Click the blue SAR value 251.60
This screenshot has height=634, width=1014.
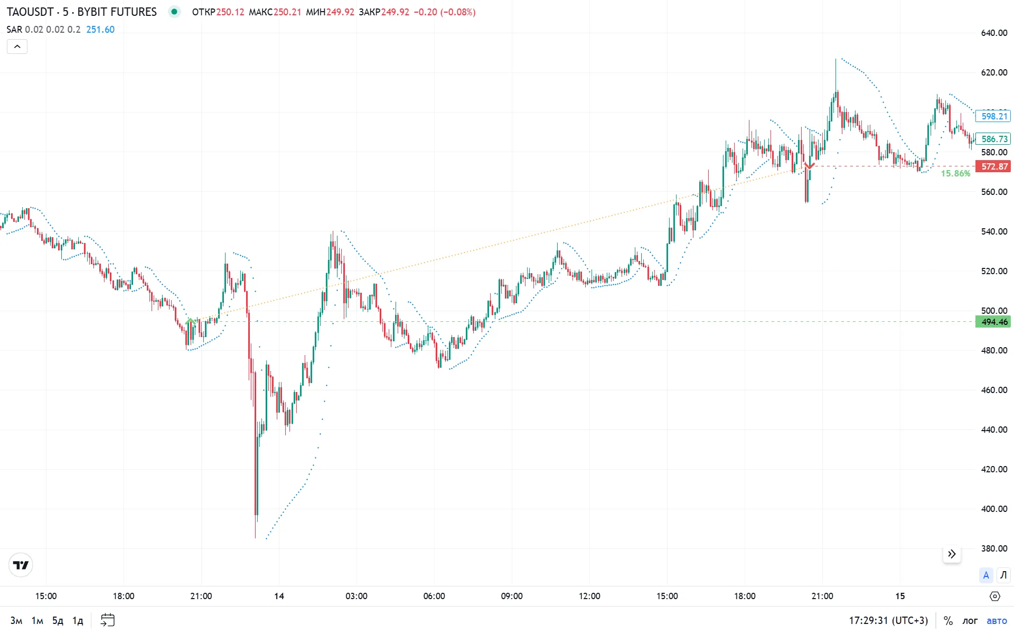tap(100, 30)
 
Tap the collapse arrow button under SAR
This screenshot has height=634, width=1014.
tap(17, 46)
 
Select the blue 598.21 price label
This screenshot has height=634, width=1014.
tap(993, 116)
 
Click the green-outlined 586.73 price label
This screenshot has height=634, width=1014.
tap(993, 139)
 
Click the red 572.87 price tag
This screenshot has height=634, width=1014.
tap(993, 166)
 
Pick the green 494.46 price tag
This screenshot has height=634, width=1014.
tap(993, 322)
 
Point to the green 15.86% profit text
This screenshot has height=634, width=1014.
tap(955, 173)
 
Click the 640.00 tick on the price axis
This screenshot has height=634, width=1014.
tap(994, 33)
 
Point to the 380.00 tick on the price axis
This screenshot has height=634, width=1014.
tap(994, 548)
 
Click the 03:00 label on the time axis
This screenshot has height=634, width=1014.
tap(356, 596)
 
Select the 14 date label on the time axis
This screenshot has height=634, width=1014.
tap(279, 596)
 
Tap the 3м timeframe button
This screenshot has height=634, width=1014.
tap(16, 620)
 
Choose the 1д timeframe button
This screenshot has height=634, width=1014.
tap(78, 620)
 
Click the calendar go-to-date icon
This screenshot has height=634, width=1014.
tap(108, 620)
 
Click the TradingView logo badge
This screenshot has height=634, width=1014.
tap(21, 565)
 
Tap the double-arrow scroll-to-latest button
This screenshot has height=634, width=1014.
tap(952, 554)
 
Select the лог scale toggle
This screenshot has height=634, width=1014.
tap(970, 620)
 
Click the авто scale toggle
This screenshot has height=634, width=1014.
tap(997, 620)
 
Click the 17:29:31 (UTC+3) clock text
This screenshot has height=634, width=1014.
tap(888, 620)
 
